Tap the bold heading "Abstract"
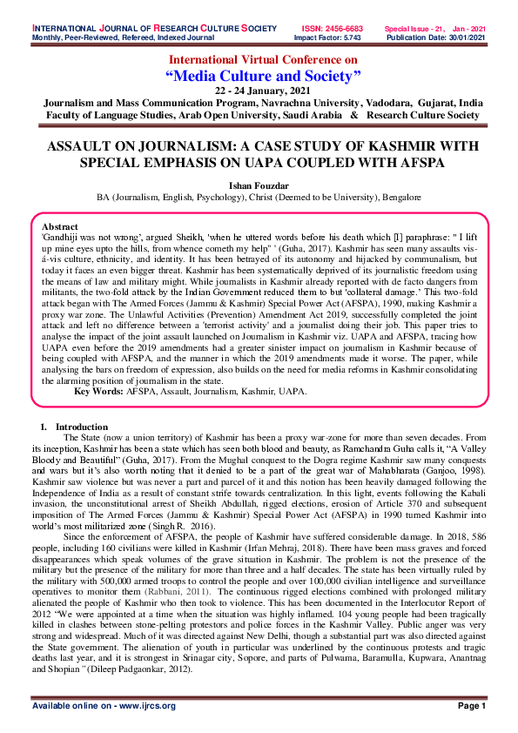[60, 225]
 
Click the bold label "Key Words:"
[98, 392]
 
